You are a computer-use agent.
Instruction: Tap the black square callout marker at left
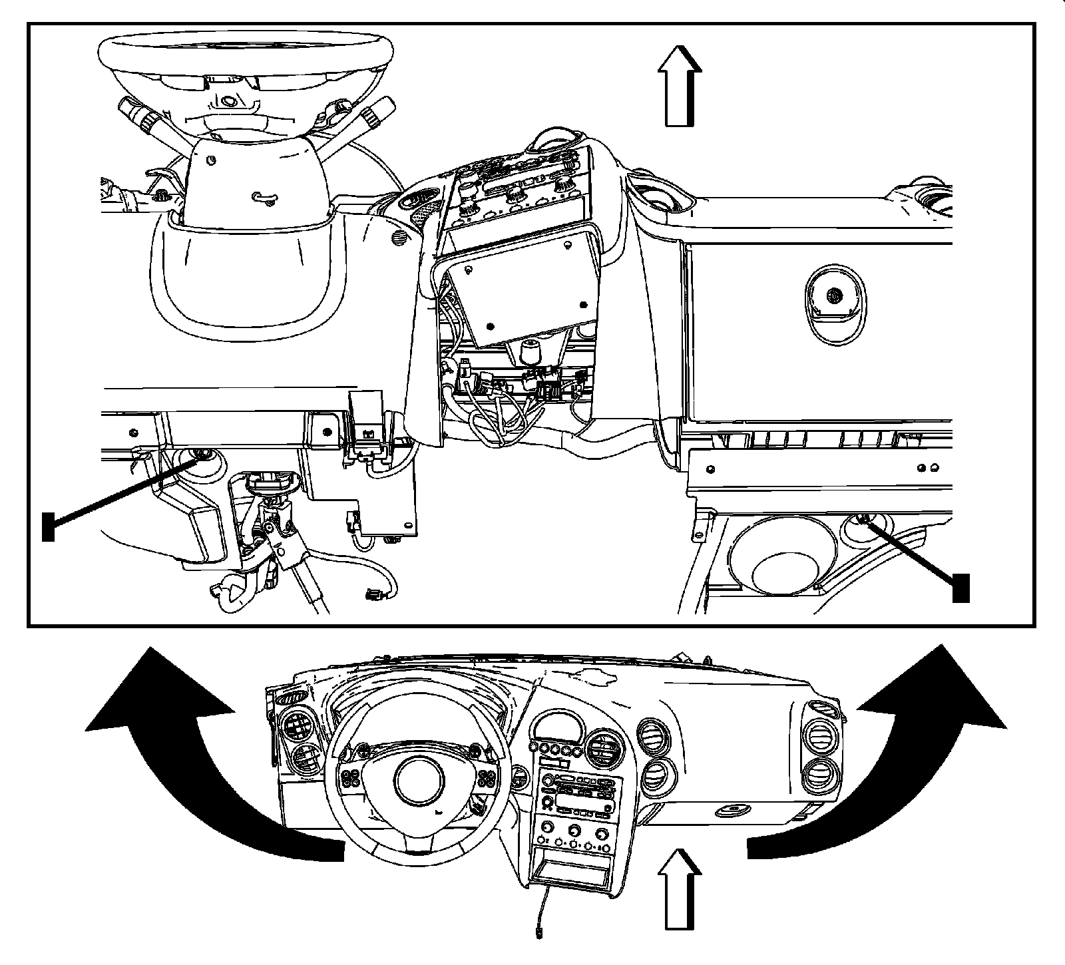click(48, 526)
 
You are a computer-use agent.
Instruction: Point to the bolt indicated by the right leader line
click(863, 519)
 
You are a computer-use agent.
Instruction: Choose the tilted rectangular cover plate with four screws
click(523, 286)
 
